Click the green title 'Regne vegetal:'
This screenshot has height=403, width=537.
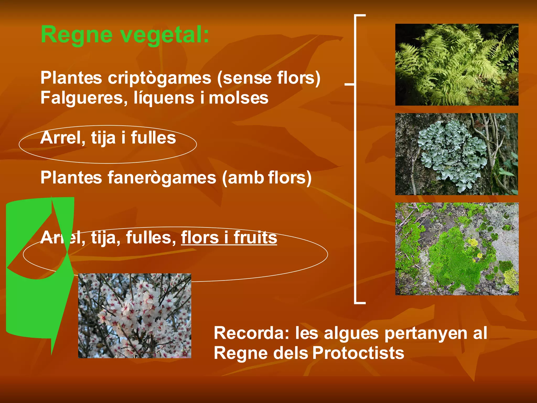tap(125, 35)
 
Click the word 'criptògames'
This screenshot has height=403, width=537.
tap(159, 78)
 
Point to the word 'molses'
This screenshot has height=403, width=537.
tap(238, 98)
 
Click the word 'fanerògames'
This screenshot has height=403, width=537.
tap(162, 178)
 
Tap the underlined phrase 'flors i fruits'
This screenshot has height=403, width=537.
tap(229, 237)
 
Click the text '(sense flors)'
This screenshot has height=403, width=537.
tap(268, 78)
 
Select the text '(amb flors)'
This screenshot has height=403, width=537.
tap(267, 178)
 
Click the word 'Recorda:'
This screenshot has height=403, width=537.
tap(251, 333)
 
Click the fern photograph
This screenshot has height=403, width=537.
tap(457, 65)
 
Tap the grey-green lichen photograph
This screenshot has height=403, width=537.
tap(457, 154)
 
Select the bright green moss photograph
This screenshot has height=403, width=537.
tap(457, 249)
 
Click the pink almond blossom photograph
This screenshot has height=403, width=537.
tap(135, 316)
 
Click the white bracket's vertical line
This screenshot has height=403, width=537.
tap(355, 184)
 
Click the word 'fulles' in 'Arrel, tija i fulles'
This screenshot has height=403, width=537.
tap(153, 138)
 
